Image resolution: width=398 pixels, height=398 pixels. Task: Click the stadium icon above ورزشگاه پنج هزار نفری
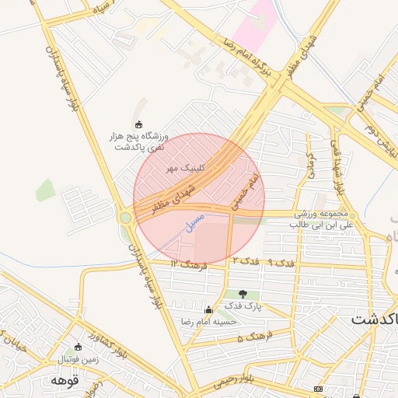pyautogui.click(x=139, y=124)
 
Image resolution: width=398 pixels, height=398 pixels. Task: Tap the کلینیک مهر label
pyautogui.click(x=187, y=167)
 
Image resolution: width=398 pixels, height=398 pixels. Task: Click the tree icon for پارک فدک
pyautogui.click(x=244, y=294)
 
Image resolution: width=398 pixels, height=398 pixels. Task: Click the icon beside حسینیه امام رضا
pyautogui.click(x=208, y=309)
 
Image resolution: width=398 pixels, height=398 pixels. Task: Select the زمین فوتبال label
pyautogui.click(x=78, y=359)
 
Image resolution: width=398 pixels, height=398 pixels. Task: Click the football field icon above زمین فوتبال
pyautogui.click(x=78, y=347)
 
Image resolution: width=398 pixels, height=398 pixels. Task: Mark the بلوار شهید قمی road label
pyautogui.click(x=337, y=167)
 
